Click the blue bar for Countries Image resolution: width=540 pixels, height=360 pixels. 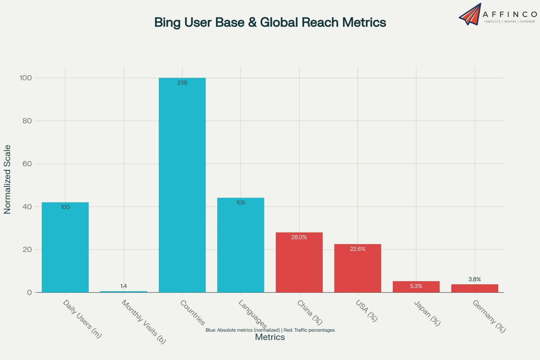pos(182,186)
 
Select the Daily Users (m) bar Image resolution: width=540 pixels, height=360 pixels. pos(65,248)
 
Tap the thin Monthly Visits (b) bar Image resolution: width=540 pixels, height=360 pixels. pos(124,291)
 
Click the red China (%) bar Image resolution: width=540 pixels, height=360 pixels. pos(299,263)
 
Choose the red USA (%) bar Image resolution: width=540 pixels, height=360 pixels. pos(358,269)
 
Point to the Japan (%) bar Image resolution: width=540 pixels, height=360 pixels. pos(416,287)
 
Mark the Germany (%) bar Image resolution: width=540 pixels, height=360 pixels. pos(475,288)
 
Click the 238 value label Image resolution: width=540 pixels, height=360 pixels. pos(182,83)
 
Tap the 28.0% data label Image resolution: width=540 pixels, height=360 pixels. pos(299,237)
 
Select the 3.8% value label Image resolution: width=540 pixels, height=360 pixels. pos(475,279)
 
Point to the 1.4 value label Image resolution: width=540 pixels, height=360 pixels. pos(124,286)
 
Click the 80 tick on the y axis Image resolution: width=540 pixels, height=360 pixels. pos(27,121)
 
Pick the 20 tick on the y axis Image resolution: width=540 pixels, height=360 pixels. pos(27,250)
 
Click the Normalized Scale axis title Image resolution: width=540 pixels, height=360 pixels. pos(7,179)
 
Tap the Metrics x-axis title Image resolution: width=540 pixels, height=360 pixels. pos(270,337)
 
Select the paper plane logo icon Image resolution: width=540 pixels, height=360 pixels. pos(470,14)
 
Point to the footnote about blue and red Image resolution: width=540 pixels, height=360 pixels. pos(270,330)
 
